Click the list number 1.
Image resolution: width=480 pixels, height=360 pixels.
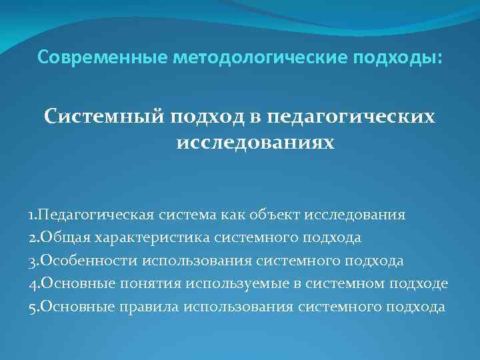pyautogui.click(x=34, y=215)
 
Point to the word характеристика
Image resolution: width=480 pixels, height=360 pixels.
pyautogui.click(x=155, y=238)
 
